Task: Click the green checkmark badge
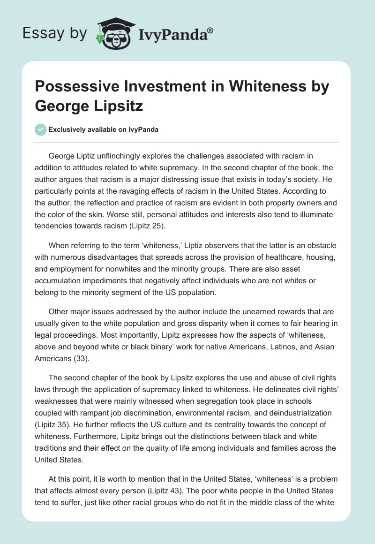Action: point(41,129)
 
